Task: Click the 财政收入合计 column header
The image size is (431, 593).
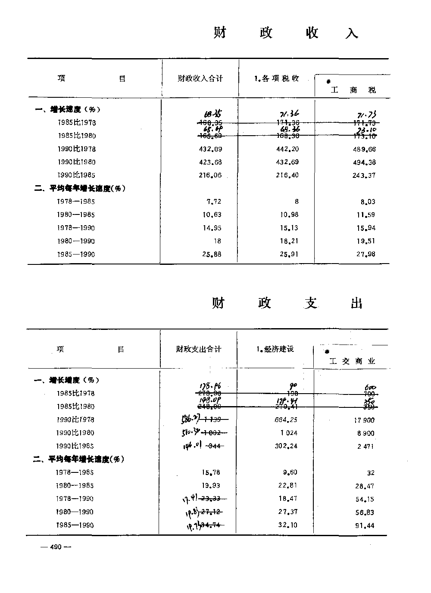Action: click(200, 78)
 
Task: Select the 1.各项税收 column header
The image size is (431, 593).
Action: click(276, 78)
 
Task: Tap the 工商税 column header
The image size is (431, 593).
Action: click(353, 90)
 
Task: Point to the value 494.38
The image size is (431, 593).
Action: click(365, 162)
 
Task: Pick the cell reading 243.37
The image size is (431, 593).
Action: click(365, 175)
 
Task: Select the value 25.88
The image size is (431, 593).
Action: click(212, 255)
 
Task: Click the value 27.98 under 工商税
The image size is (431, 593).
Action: click(366, 254)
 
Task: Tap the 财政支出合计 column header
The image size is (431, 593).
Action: click(199, 349)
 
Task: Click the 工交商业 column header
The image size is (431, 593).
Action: click(352, 361)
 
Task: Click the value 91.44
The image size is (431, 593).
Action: click(365, 525)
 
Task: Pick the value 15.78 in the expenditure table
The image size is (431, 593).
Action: click(211, 472)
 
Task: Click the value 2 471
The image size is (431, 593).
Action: click(365, 447)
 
